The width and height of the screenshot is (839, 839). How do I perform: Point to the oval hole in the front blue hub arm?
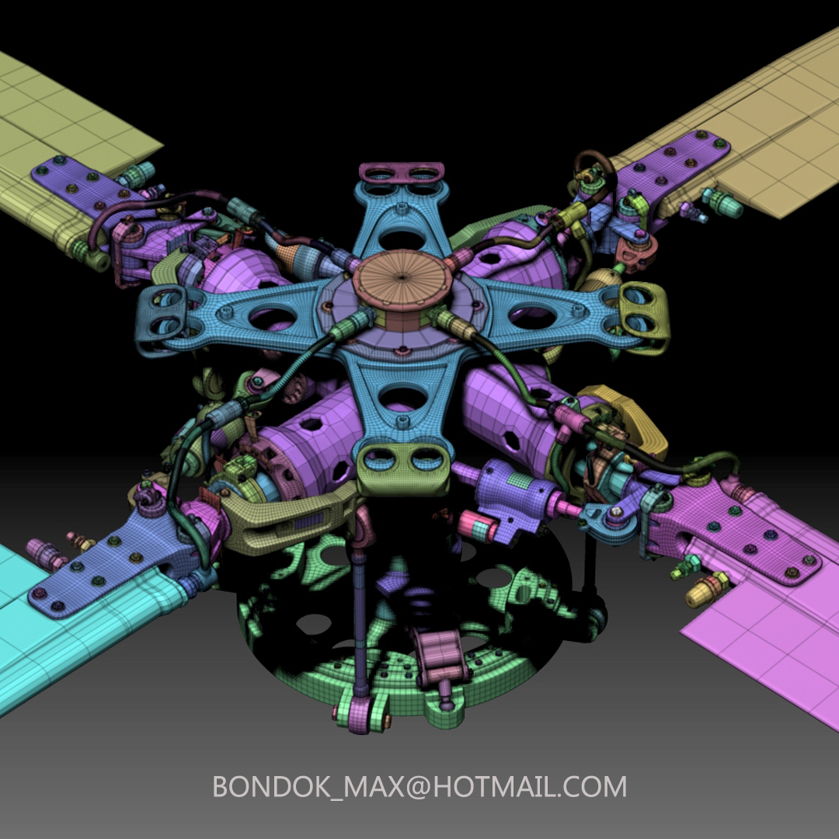(x=402, y=399)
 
